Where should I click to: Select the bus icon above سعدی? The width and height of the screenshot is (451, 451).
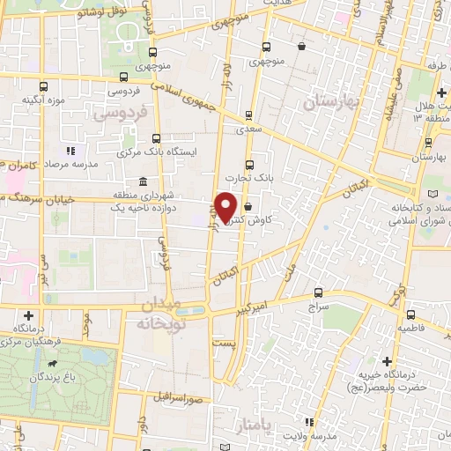(x=249, y=114)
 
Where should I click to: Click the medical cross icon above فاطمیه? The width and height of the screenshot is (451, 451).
(x=410, y=313)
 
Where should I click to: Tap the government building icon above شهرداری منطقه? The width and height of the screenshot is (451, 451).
(x=142, y=181)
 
